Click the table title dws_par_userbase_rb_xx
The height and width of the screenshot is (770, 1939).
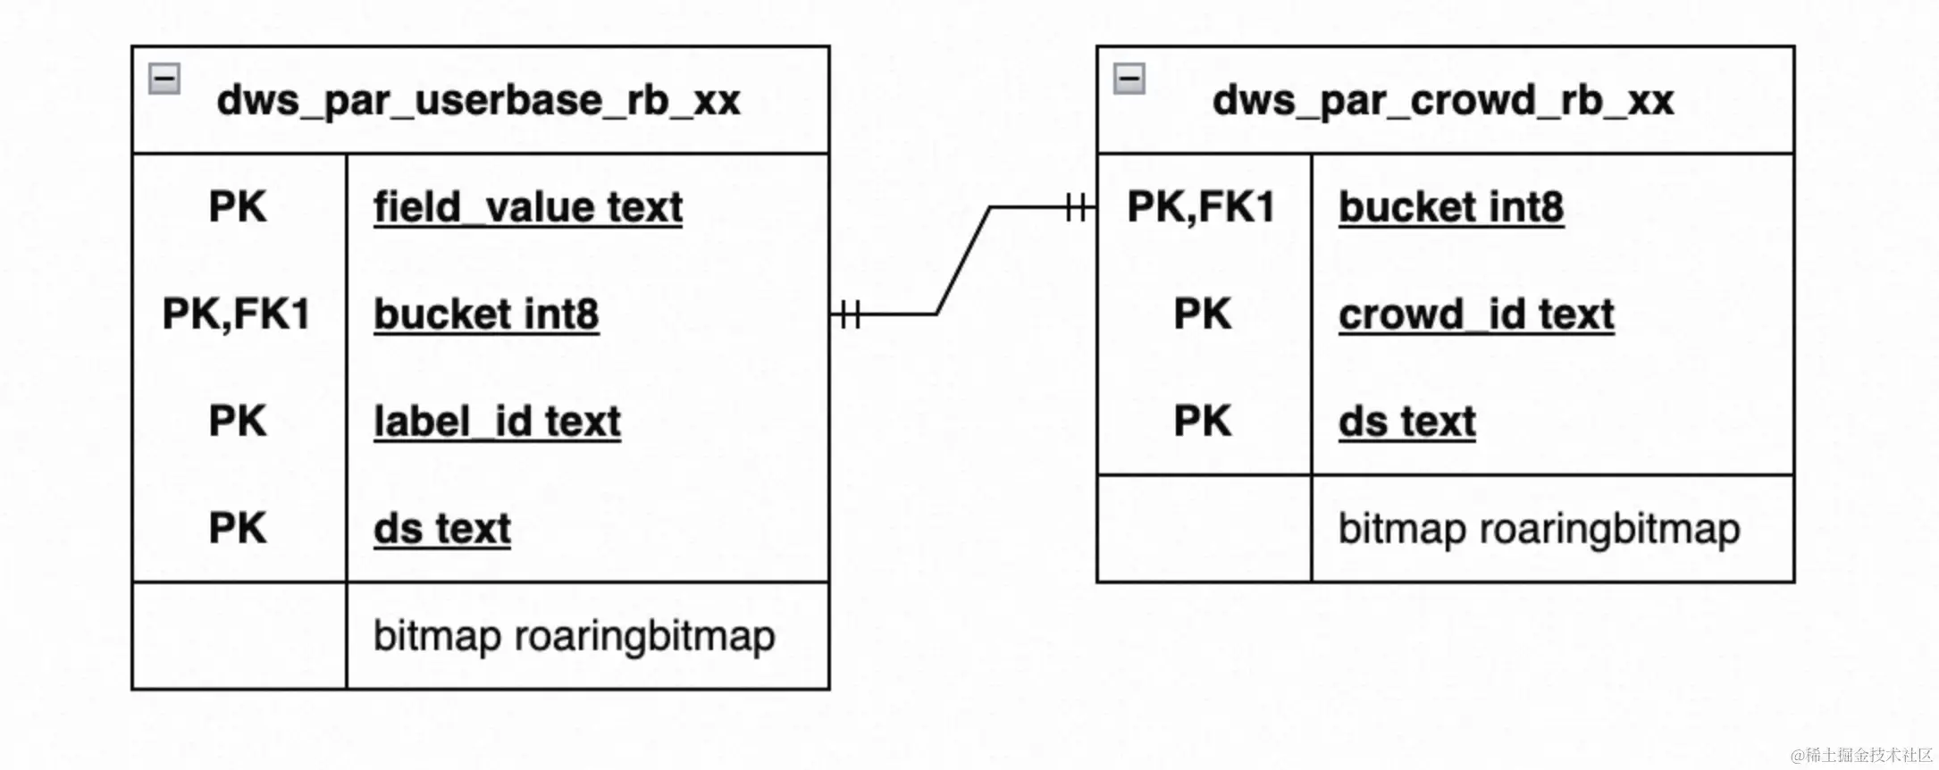(x=478, y=100)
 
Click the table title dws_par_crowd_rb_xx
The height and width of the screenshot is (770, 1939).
(x=1443, y=100)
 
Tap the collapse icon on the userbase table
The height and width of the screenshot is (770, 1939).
(x=164, y=79)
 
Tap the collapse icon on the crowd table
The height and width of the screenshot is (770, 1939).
(x=1129, y=79)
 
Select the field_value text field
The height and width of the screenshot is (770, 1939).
(x=528, y=207)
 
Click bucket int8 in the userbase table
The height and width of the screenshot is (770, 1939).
(x=486, y=314)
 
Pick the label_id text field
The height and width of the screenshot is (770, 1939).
(x=497, y=422)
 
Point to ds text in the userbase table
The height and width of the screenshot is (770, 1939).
(x=442, y=529)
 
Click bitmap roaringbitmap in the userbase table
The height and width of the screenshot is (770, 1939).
(x=574, y=637)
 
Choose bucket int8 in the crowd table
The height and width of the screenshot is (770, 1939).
(x=1451, y=207)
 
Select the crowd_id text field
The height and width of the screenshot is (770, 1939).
(x=1476, y=314)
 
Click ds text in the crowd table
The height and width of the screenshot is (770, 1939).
(x=1407, y=422)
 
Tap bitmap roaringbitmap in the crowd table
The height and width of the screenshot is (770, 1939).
(x=1539, y=530)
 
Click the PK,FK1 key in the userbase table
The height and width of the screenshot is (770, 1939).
(x=237, y=314)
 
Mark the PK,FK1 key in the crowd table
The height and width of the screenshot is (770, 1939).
(x=1202, y=207)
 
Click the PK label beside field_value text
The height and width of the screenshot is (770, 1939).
(x=238, y=207)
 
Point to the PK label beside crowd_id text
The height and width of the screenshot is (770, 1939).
(x=1203, y=314)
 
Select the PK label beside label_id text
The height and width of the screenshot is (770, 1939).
(x=238, y=422)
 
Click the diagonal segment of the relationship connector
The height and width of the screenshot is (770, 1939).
(x=963, y=261)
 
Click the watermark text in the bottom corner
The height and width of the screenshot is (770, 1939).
(x=1862, y=756)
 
